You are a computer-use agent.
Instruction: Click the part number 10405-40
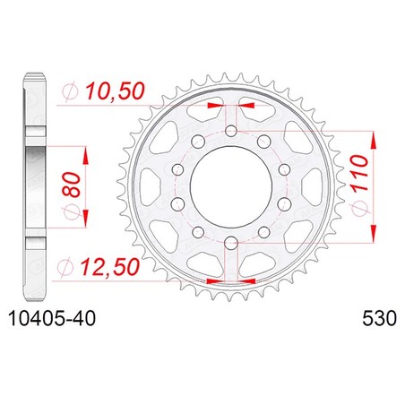click(52, 318)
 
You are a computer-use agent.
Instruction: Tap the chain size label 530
click(379, 318)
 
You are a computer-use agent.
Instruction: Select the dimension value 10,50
click(116, 91)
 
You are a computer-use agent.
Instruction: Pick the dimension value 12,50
click(110, 267)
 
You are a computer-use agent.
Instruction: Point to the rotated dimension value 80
click(72, 185)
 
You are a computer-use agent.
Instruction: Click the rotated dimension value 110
click(359, 173)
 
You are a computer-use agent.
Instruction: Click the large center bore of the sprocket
click(231, 187)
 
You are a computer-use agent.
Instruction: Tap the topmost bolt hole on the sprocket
click(231, 131)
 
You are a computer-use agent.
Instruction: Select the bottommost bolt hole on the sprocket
click(231, 243)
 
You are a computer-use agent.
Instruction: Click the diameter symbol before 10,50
click(70, 91)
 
